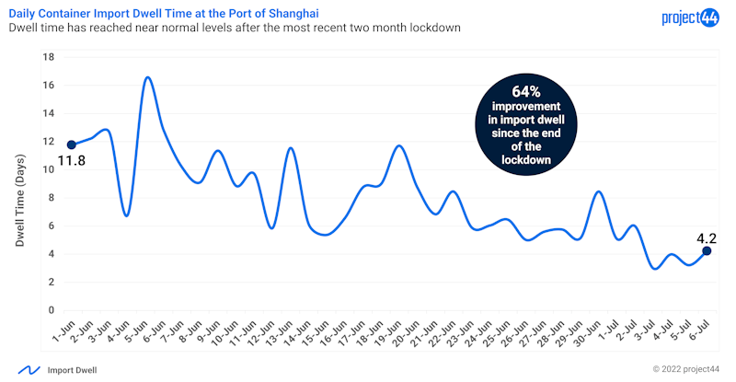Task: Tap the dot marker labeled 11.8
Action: (71, 145)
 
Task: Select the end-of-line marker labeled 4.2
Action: (707, 250)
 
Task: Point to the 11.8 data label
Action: (72, 162)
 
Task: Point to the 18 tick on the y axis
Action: (50, 57)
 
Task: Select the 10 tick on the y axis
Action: (50, 169)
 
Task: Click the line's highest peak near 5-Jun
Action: (147, 77)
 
